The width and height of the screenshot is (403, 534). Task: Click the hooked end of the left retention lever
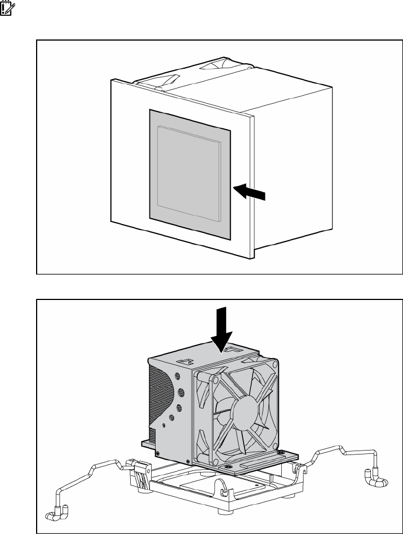58,513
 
